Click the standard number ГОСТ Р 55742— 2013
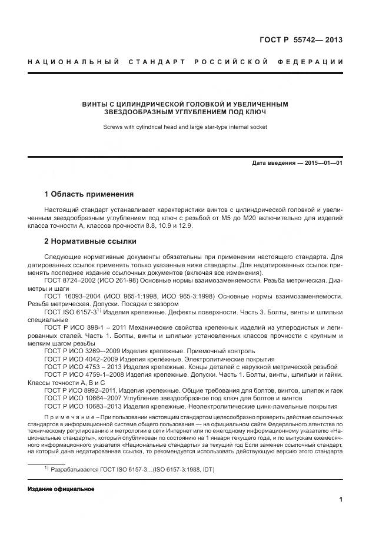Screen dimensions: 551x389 (x=301, y=40)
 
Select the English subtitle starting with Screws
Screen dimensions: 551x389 (x=185, y=127)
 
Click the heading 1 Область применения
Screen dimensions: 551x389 (x=89, y=194)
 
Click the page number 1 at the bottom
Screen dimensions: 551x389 (x=341, y=500)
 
